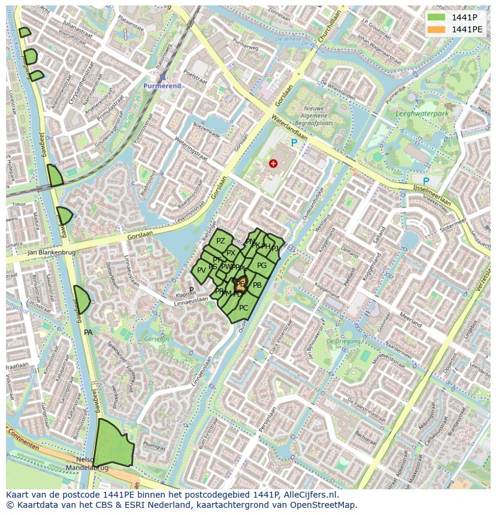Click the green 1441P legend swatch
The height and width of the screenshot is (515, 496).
click(437, 17)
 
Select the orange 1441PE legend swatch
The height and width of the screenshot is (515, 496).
click(437, 29)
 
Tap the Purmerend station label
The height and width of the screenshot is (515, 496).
click(161, 86)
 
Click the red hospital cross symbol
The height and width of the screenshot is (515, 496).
click(273, 163)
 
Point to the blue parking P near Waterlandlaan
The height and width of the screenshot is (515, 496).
click(294, 143)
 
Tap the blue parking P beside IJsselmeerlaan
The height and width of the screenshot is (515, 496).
click(426, 181)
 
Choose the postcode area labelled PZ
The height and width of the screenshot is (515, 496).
click(220, 241)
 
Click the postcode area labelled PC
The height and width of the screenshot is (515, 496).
click(243, 308)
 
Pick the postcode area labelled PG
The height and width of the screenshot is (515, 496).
click(262, 266)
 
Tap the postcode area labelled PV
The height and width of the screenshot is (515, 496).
click(201, 270)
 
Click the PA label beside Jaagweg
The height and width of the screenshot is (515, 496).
click(88, 333)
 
